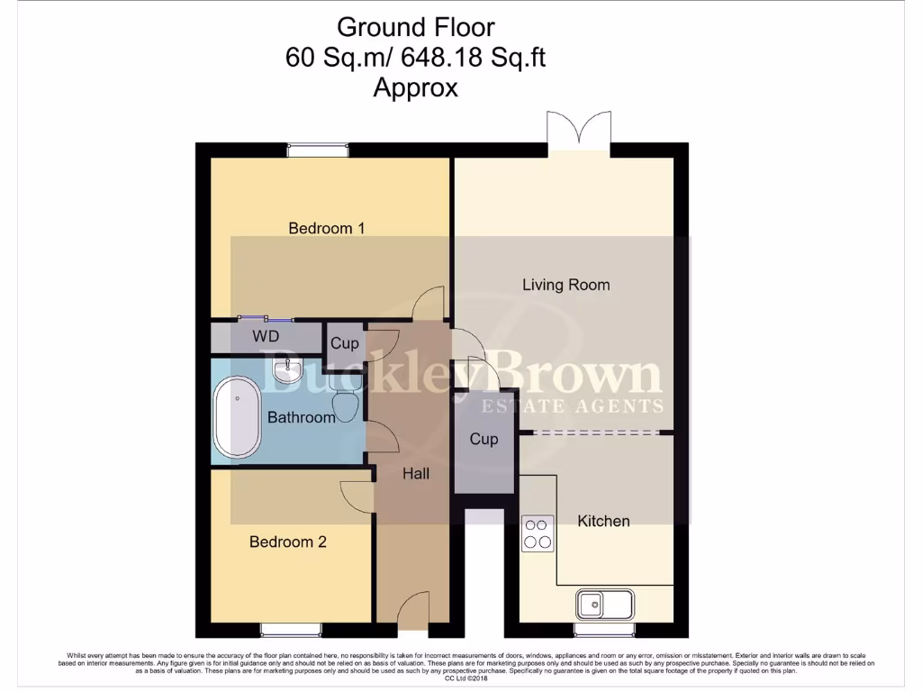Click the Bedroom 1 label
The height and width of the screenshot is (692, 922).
[326, 228]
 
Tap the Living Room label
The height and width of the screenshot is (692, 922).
[565, 285]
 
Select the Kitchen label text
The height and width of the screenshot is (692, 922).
[603, 521]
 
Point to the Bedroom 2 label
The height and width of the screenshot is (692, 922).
[287, 542]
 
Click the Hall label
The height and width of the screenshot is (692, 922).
[415, 473]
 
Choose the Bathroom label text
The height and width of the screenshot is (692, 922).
[301, 417]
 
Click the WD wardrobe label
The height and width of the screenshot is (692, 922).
[266, 336]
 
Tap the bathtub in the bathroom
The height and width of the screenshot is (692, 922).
[237, 417]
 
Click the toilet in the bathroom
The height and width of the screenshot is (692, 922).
[346, 396]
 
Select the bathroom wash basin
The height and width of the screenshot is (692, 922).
[288, 368]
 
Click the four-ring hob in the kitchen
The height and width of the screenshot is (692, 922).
[538, 532]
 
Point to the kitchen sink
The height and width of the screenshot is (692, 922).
[605, 603]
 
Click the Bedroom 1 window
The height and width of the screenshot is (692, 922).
[318, 150]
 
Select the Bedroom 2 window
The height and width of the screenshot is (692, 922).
[290, 629]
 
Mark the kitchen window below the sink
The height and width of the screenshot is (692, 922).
[605, 629]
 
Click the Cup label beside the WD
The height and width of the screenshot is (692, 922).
[344, 343]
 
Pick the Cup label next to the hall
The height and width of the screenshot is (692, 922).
[484, 440]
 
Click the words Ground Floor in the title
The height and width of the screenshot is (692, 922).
[415, 27]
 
